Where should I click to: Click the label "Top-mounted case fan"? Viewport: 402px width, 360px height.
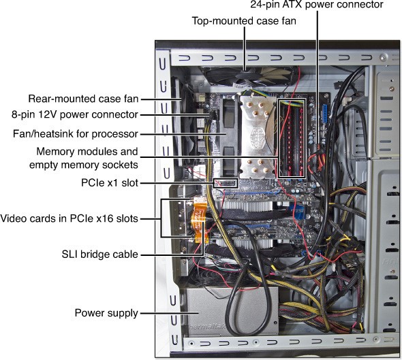[x=244, y=20]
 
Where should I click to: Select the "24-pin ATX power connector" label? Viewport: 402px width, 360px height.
[x=317, y=4]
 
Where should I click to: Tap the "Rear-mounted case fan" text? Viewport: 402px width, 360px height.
[x=83, y=99]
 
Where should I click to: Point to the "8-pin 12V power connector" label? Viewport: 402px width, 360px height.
[x=75, y=114]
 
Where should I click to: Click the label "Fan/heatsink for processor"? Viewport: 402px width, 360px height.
[x=76, y=133]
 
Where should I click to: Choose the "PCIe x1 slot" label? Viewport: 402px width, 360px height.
[x=110, y=183]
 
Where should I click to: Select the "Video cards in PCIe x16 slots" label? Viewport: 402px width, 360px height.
[x=69, y=218]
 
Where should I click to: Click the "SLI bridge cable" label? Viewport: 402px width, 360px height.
[x=100, y=255]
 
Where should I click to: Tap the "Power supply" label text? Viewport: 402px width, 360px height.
[x=106, y=313]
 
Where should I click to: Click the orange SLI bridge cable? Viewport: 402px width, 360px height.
[x=199, y=220]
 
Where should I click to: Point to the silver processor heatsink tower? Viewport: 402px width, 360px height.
[x=258, y=135]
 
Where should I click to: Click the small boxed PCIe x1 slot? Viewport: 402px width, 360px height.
[x=226, y=183]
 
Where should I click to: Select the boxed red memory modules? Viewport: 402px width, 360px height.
[x=292, y=138]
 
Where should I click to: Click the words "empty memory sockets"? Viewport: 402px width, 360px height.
[x=84, y=165]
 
